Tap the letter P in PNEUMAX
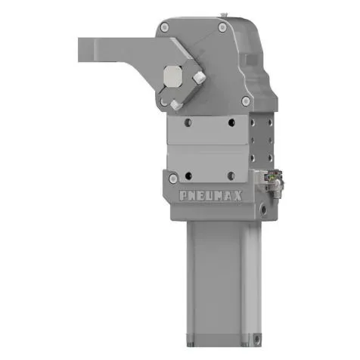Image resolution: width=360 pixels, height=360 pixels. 184,195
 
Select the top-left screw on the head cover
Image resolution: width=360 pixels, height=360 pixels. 166,27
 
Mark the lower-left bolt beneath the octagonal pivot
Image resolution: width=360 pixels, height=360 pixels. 175,104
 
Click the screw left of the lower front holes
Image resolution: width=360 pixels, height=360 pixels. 175,178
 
